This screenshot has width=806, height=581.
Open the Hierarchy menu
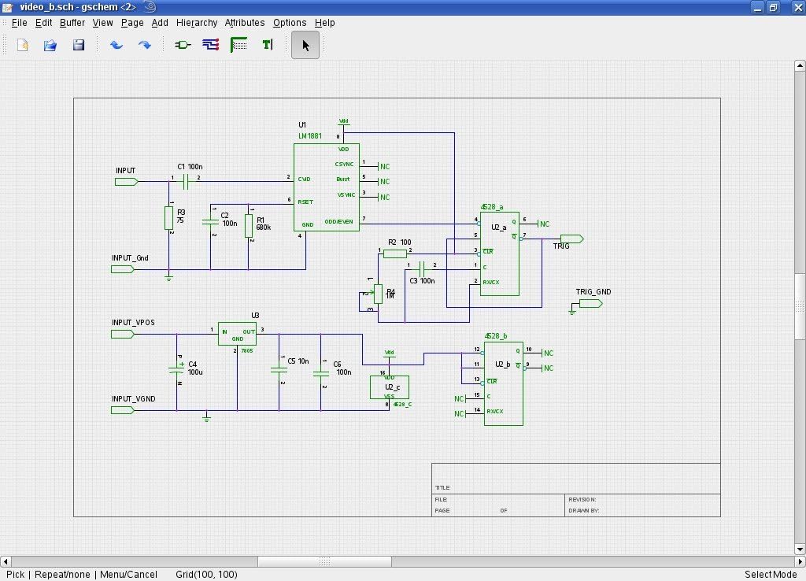click(x=196, y=23)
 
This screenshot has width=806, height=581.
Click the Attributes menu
click(x=244, y=23)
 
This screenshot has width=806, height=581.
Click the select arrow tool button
click(x=305, y=45)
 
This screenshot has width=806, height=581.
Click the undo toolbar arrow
click(x=116, y=45)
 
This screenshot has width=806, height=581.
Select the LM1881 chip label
click(x=309, y=136)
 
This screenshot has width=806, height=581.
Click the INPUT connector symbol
click(x=126, y=182)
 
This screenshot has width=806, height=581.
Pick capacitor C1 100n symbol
click(x=186, y=182)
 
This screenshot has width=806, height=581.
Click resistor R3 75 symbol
click(x=168, y=217)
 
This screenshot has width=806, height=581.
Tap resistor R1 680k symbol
click(x=249, y=225)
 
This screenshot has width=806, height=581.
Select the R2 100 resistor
click(x=395, y=253)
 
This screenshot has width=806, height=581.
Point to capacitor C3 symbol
click(x=422, y=268)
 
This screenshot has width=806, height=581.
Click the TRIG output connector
click(x=571, y=239)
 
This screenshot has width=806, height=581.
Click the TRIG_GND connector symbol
click(x=590, y=304)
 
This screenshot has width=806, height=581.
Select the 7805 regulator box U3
click(x=237, y=334)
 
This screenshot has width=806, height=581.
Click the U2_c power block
click(x=390, y=387)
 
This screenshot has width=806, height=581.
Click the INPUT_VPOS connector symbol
click(x=122, y=334)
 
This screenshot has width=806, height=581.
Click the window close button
click(x=793, y=7)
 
